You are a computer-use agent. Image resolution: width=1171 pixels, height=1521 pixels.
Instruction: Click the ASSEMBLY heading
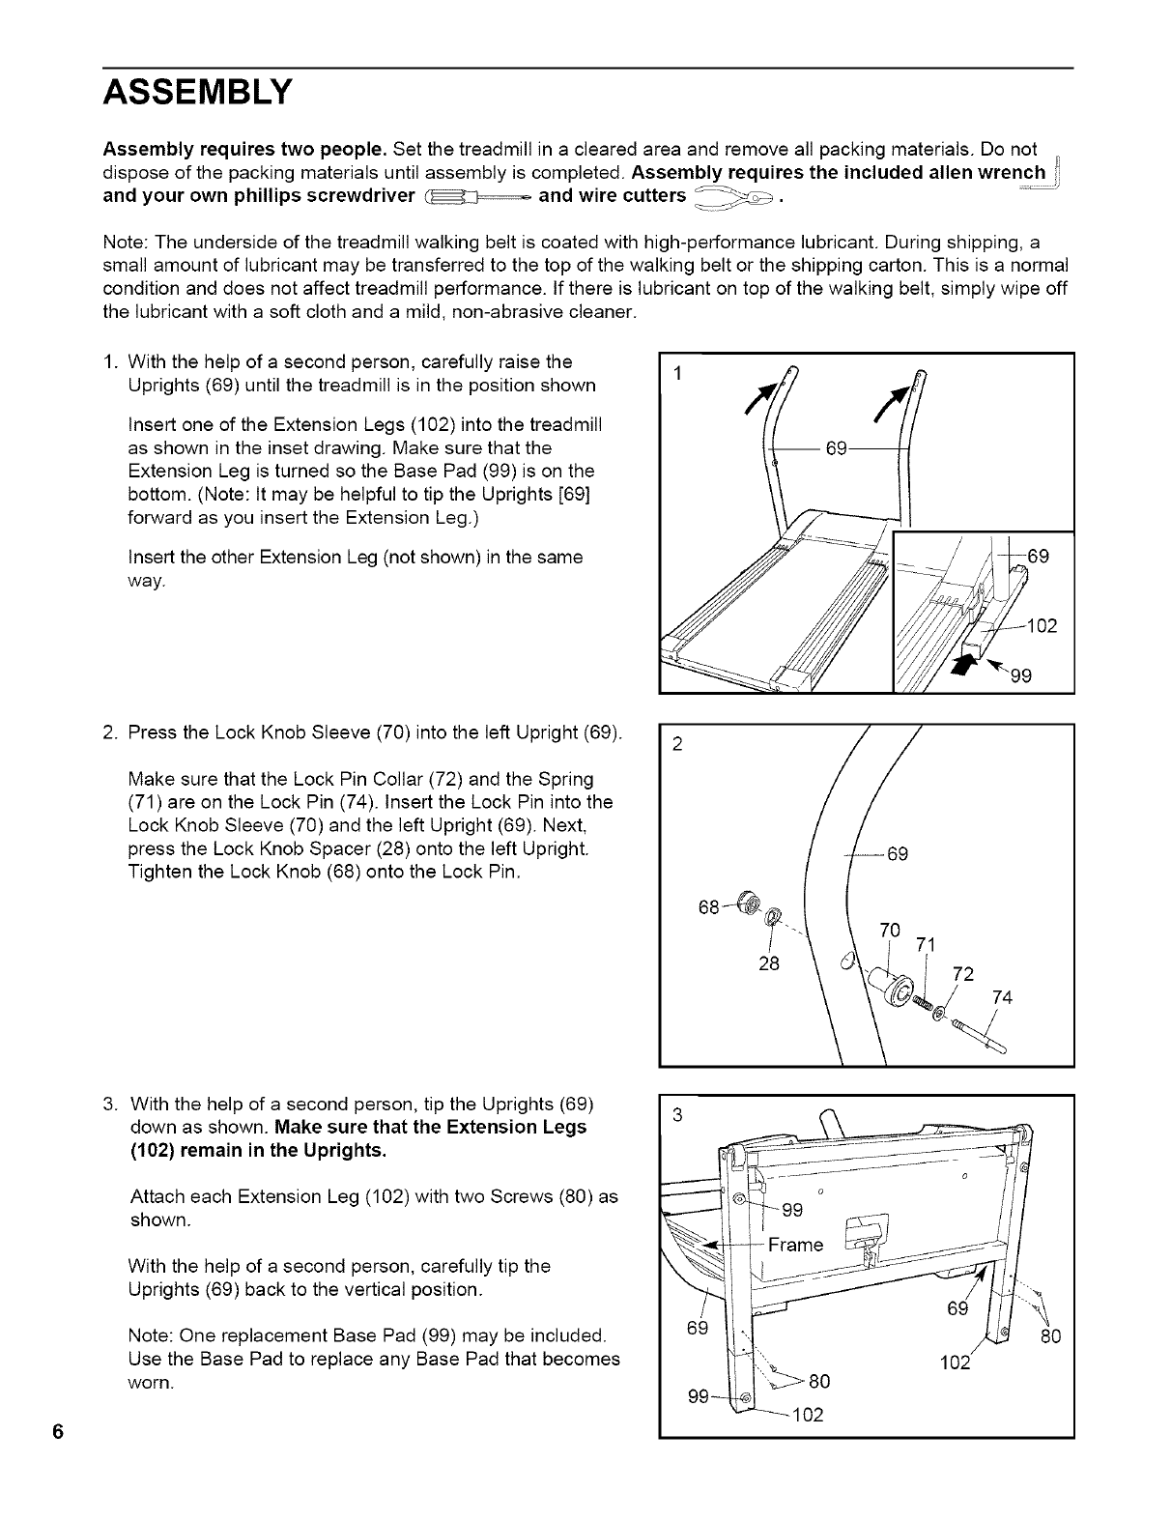[196, 93]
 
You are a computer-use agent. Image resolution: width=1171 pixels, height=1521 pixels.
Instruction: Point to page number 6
[59, 1432]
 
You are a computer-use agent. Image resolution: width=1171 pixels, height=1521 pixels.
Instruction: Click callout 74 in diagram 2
[1002, 998]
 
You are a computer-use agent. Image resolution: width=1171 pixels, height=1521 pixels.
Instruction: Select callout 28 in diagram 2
[769, 963]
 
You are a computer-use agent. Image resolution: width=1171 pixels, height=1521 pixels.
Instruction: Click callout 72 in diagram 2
[963, 973]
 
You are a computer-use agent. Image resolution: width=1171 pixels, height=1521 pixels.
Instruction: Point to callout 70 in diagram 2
[890, 931]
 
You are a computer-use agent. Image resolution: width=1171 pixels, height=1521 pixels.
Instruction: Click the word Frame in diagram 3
[795, 1245]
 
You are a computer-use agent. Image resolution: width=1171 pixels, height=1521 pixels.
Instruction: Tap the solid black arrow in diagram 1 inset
[967, 666]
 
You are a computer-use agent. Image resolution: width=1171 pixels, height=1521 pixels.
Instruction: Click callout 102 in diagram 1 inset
[1042, 625]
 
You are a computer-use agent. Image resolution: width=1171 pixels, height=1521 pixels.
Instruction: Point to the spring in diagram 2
[924, 1005]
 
